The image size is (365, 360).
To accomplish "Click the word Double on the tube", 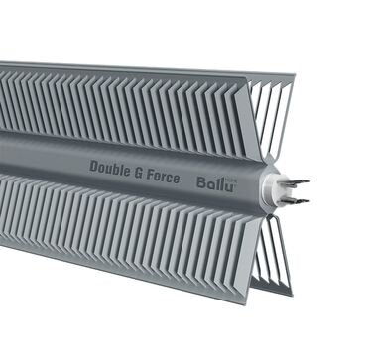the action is click(109, 169).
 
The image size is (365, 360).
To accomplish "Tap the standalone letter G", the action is click(138, 173).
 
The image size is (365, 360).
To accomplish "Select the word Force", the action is click(163, 177).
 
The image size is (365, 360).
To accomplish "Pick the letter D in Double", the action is click(93, 167).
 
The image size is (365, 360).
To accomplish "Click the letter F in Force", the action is click(151, 176).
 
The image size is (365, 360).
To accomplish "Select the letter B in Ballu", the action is click(201, 182).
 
